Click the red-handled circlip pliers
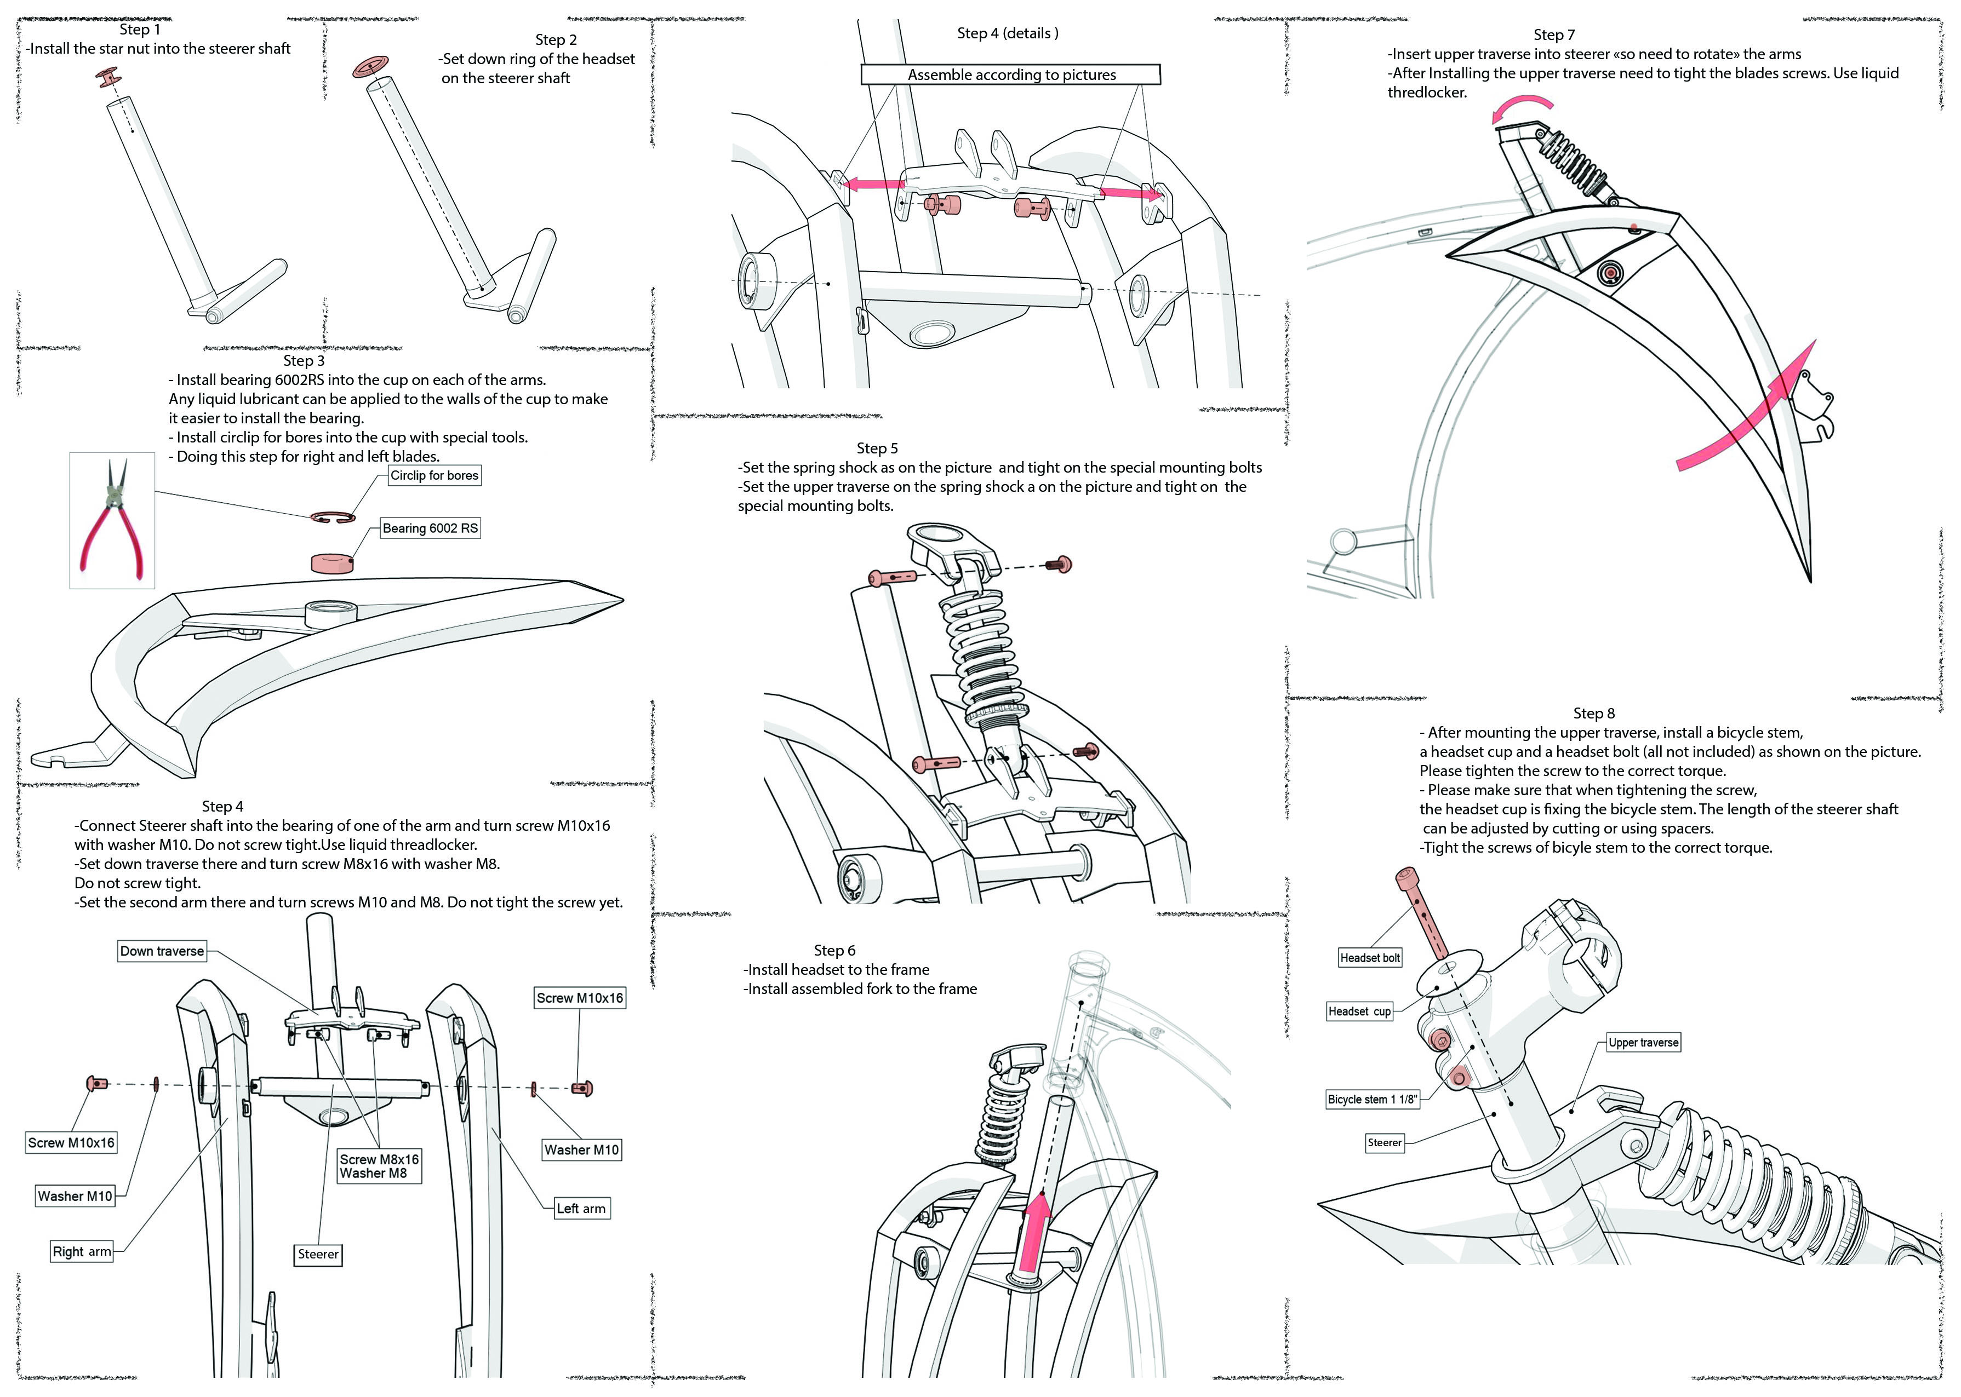112,520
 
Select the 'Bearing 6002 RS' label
430,528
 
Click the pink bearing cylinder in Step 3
334,562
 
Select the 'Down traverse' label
162,951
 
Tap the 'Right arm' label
82,1252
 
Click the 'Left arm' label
581,1209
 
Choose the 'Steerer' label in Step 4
318,1254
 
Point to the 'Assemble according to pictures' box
1010,75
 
